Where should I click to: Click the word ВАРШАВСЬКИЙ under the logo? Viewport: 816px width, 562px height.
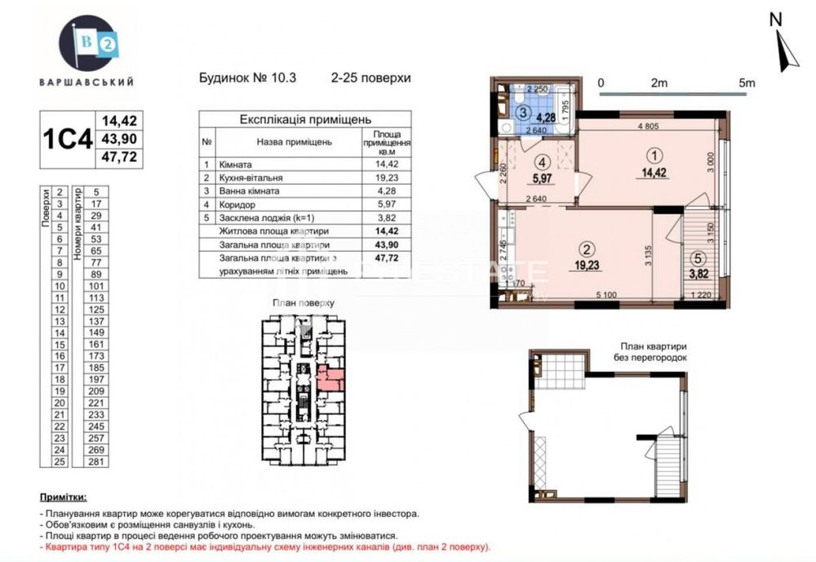coord(86,82)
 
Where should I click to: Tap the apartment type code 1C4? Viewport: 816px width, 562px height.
coord(68,139)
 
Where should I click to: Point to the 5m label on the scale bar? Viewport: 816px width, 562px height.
coord(746,83)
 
